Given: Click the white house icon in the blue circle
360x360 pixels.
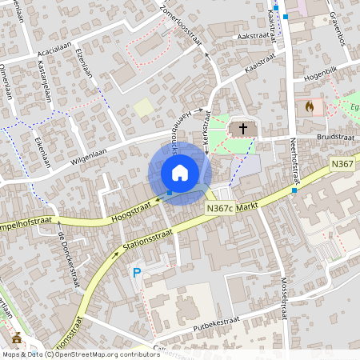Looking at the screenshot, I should [x=180, y=173].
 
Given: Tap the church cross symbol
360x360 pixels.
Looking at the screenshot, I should [x=243, y=128].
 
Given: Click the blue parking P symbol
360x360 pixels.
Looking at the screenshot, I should [x=137, y=273].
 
